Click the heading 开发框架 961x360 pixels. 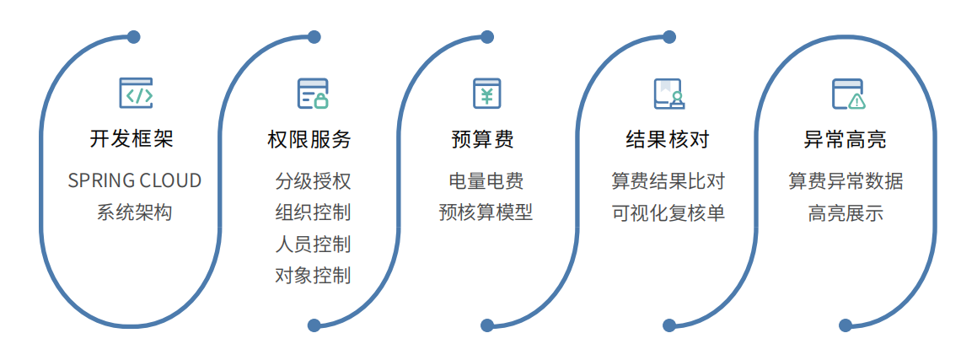pos(132,139)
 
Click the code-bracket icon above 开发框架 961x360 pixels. pos(135,94)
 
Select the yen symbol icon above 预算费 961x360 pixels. pos(486,94)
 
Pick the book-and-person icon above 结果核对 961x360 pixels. pos(669,94)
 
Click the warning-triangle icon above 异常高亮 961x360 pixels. pos(848,94)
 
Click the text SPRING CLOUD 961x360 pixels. pos(135,180)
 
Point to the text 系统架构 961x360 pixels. pos(134,212)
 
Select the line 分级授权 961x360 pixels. pos(313,180)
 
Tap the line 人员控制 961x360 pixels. pos(313,244)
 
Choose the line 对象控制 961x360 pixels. pos(313,275)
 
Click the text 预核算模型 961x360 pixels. pos(486,212)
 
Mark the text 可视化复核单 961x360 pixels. pos(668,212)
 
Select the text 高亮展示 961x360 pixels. pos(846,212)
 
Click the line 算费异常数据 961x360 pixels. pos(846,180)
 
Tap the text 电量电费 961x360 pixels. pos(486,180)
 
